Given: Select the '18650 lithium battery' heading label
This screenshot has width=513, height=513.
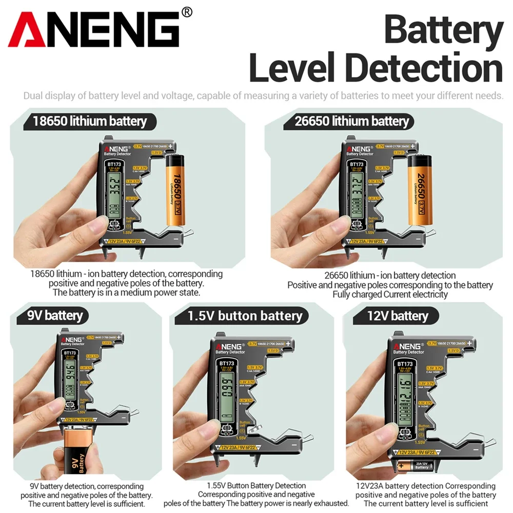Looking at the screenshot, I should pyautogui.click(x=90, y=122).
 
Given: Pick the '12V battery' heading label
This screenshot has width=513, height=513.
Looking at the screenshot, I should pyautogui.click(x=398, y=315).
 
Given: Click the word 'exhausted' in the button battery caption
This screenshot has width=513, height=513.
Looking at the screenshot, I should pyautogui.click(x=331, y=503).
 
